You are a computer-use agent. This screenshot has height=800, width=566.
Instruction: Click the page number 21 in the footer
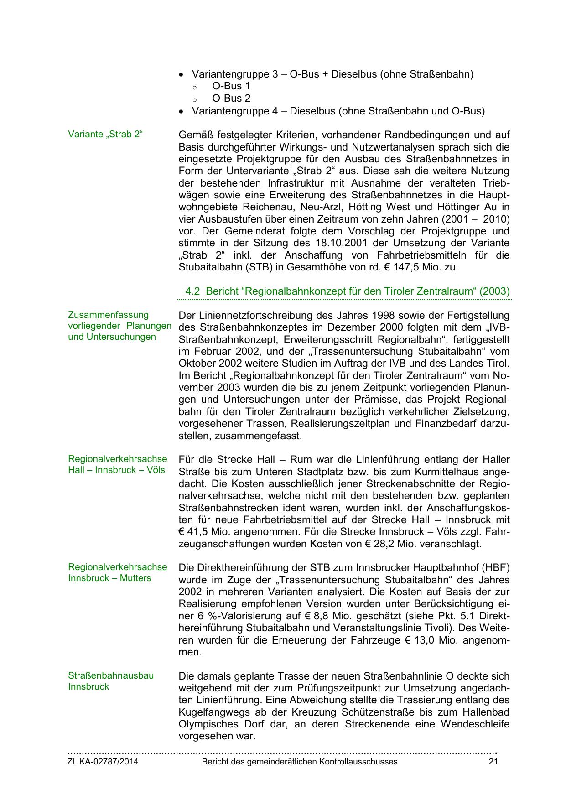click(x=493, y=761)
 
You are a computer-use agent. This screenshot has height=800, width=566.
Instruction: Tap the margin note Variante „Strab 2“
click(x=105, y=135)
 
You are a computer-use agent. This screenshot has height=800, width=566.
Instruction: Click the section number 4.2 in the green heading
click(x=192, y=291)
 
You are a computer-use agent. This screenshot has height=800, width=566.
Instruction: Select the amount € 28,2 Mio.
click(x=390, y=544)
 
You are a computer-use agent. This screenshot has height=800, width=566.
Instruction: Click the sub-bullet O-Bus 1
click(x=231, y=86)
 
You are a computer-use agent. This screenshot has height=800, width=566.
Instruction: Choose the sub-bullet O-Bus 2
click(x=231, y=98)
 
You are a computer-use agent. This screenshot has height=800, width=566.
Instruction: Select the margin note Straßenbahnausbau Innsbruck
click(x=111, y=681)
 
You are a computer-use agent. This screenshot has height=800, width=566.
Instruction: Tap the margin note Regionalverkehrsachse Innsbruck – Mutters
click(x=117, y=572)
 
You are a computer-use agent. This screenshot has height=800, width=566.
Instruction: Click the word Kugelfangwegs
click(x=211, y=712)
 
